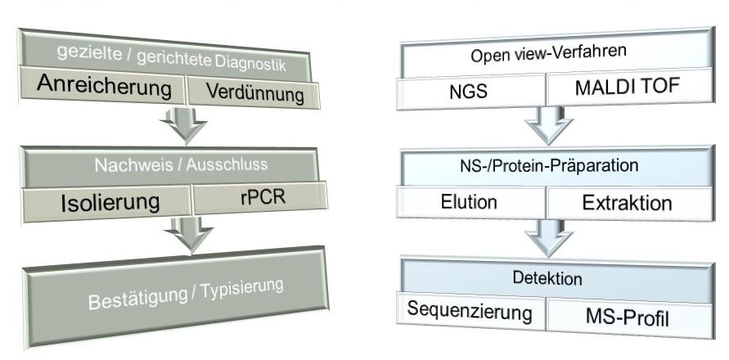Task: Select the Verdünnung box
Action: pyautogui.click(x=254, y=92)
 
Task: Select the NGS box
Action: pyautogui.click(x=470, y=91)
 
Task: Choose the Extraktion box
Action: pyautogui.click(x=627, y=203)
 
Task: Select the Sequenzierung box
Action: pyautogui.click(x=470, y=312)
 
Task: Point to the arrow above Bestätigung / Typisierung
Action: pyautogui.click(x=188, y=234)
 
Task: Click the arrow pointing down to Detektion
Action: pyautogui.click(x=547, y=237)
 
